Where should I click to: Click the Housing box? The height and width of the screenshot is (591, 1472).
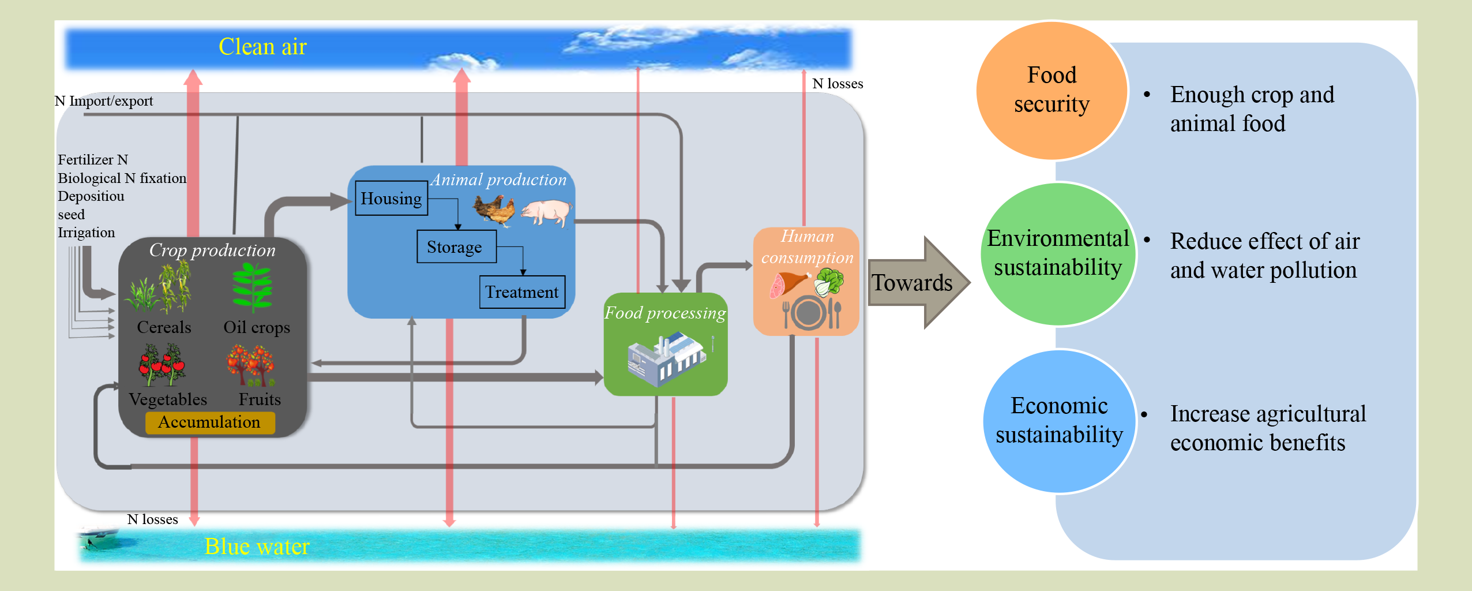pyautogui.click(x=391, y=199)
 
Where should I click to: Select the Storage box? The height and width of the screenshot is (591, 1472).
pyautogui.click(x=456, y=247)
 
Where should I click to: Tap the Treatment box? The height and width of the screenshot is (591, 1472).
pyautogui.click(x=522, y=292)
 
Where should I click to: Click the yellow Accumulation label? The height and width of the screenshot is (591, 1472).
pyautogui.click(x=209, y=422)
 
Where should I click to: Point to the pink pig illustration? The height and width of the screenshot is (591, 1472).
pyautogui.click(x=546, y=212)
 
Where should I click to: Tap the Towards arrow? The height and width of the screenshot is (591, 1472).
pyautogui.click(x=917, y=283)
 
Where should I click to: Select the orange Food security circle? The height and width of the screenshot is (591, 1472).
pyautogui.click(x=1052, y=91)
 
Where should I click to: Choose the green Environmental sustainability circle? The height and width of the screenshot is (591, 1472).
pyautogui.click(x=1058, y=254)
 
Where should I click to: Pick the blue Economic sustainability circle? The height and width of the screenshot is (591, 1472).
pyautogui.click(x=1059, y=421)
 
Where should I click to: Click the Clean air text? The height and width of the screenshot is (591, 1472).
pyautogui.click(x=262, y=47)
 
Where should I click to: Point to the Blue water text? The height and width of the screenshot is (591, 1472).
pyautogui.click(x=257, y=546)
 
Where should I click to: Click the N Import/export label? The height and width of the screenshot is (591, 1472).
pyautogui.click(x=104, y=101)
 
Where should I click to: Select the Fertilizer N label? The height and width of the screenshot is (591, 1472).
pyautogui.click(x=93, y=160)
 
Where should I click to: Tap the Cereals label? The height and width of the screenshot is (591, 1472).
pyautogui.click(x=164, y=327)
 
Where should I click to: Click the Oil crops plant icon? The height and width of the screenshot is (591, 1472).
pyautogui.click(x=252, y=287)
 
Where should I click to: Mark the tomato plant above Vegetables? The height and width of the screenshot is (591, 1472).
pyautogui.click(x=162, y=365)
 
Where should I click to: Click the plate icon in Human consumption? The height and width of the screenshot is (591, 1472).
pyautogui.click(x=809, y=313)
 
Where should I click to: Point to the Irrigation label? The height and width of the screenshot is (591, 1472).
pyautogui.click(x=87, y=233)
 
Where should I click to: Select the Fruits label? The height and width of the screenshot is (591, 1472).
pyautogui.click(x=260, y=399)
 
